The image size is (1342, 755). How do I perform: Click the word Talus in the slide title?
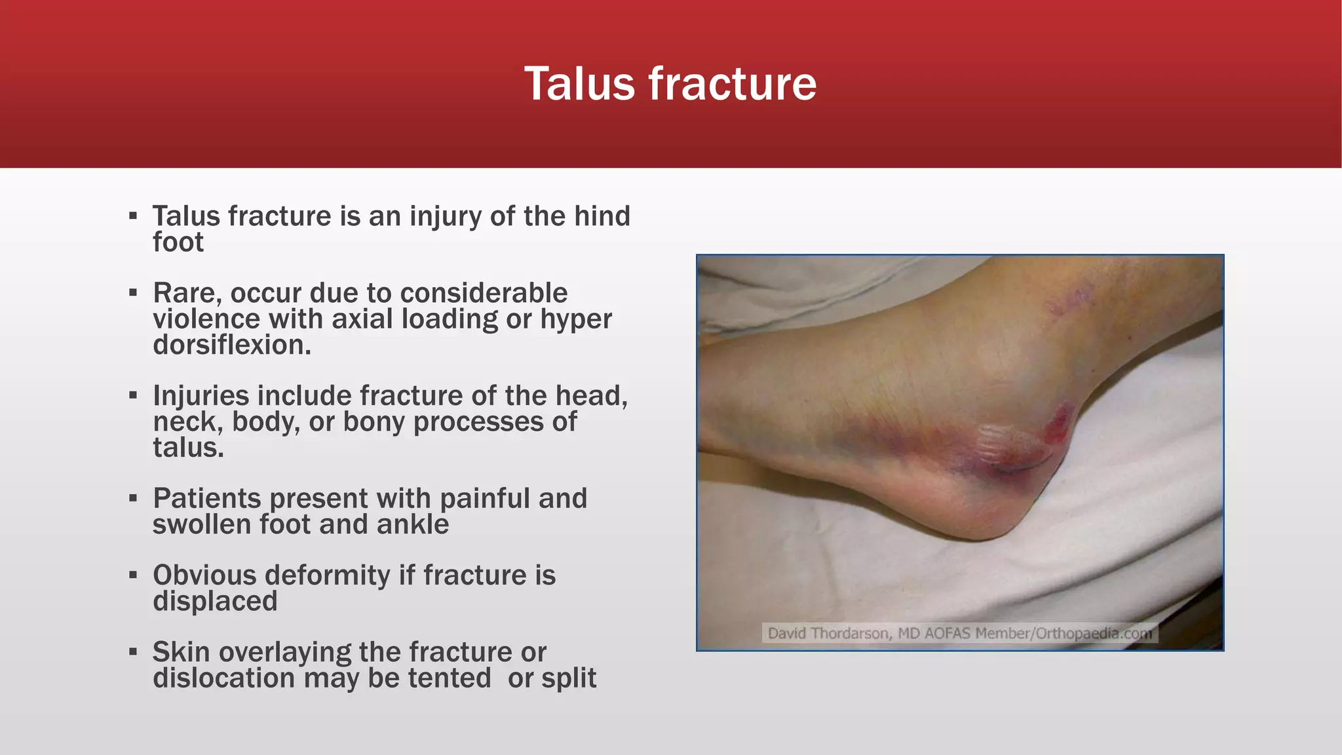click(579, 84)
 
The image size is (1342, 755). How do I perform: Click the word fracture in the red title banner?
click(732, 84)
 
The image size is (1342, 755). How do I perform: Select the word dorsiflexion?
click(231, 345)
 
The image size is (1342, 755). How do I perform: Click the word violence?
click(206, 319)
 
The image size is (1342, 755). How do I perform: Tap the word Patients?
click(206, 499)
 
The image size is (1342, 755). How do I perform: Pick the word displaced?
click(215, 601)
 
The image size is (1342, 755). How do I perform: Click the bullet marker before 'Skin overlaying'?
click(133, 652)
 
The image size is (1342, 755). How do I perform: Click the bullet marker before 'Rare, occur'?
click(133, 293)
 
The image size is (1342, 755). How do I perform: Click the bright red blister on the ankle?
click(1058, 423)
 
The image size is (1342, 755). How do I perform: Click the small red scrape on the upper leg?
click(1068, 298)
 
